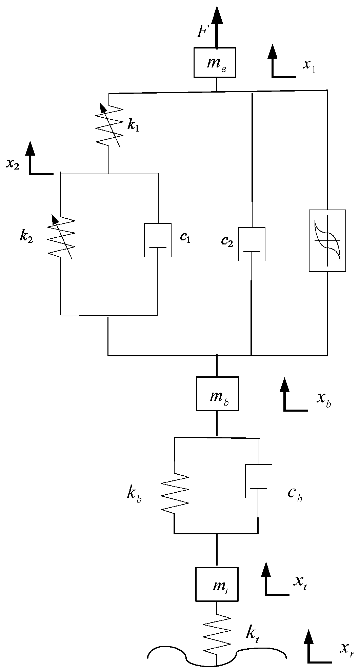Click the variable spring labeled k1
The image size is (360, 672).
tap(109, 125)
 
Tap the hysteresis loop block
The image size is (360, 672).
tap(327, 240)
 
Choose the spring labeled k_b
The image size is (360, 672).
tap(174, 493)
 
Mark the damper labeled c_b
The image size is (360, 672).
tap(259, 481)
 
